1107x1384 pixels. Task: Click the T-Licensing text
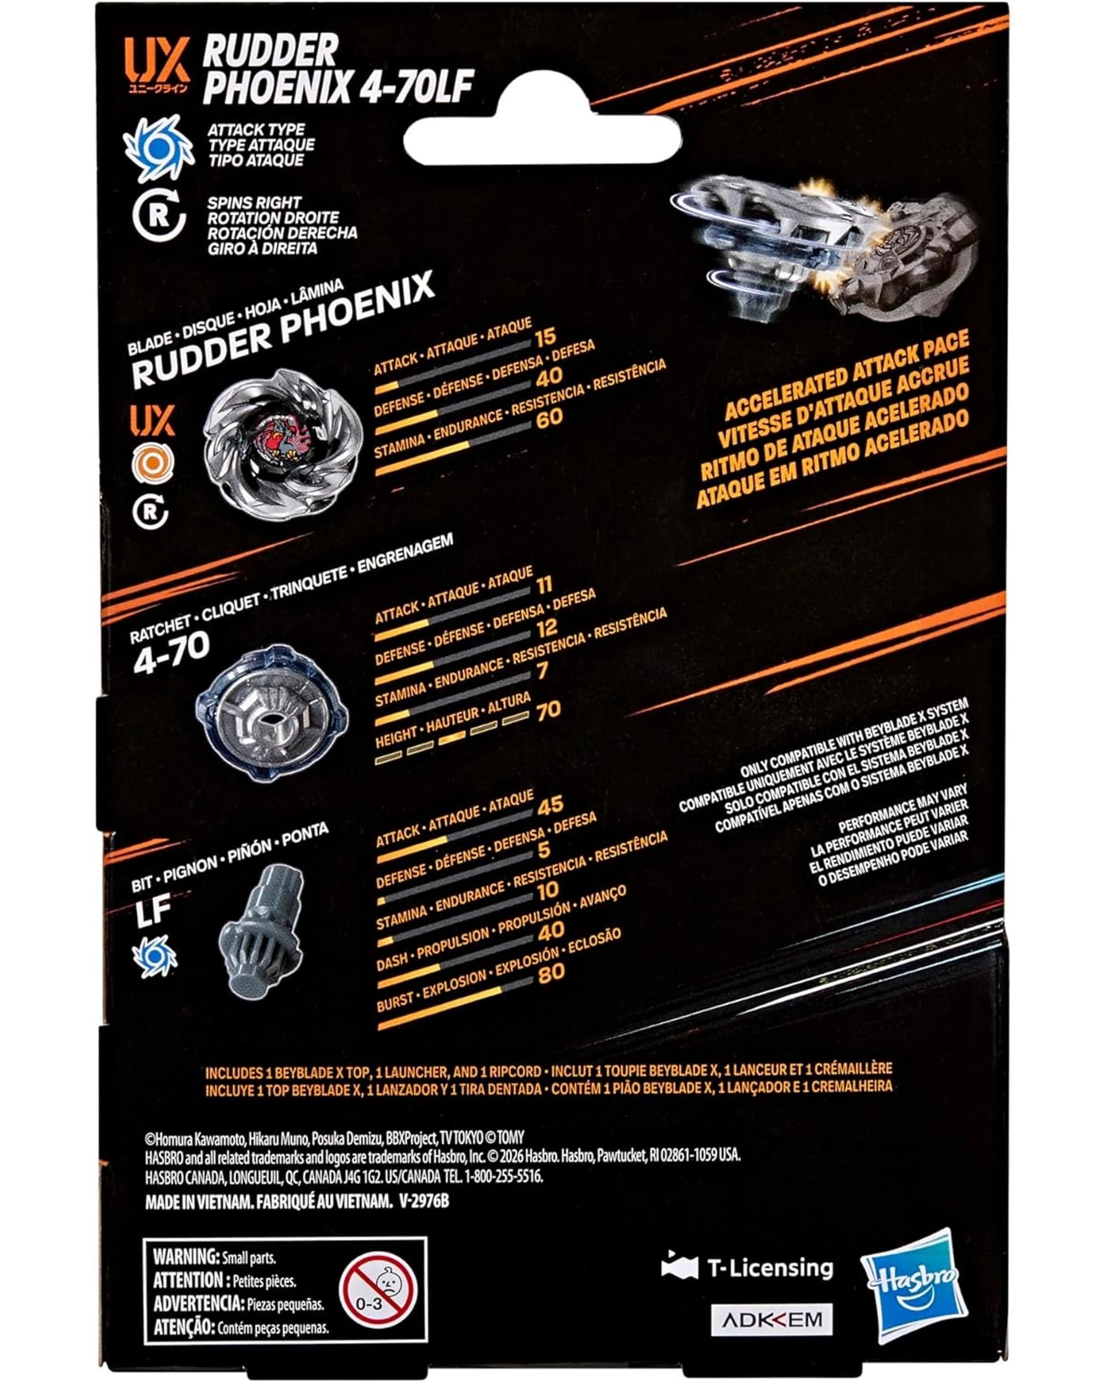[x=769, y=1267]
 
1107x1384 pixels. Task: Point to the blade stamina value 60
[x=549, y=418]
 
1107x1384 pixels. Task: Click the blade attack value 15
[x=546, y=337]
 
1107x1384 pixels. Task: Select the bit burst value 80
[x=551, y=973]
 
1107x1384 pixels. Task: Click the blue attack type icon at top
[x=158, y=148]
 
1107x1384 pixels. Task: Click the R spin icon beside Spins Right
[x=158, y=217]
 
